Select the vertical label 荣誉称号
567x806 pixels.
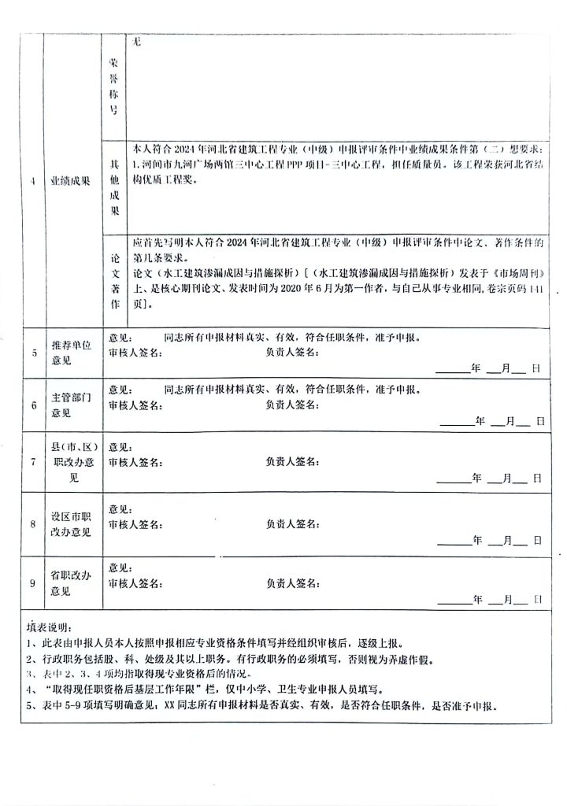point(114,86)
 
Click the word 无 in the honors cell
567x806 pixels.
point(137,43)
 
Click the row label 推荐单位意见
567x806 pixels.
point(72,353)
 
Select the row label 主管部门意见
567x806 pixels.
point(72,405)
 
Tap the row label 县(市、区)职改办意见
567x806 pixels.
point(72,462)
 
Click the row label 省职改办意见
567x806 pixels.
point(72,583)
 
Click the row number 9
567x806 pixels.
point(33,583)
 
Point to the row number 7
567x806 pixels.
point(33,462)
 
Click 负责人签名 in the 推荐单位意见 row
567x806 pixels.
point(292,352)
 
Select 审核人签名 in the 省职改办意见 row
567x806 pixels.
point(135,582)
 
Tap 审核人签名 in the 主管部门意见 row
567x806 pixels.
point(135,405)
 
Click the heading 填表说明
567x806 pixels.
point(48,627)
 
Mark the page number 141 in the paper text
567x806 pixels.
point(535,288)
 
